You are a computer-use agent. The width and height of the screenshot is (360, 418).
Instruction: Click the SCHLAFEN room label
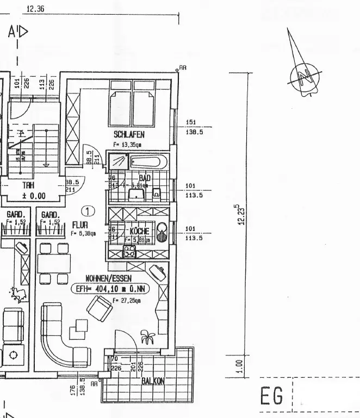point(129,134)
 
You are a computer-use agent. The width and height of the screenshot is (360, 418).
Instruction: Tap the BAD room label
point(145,178)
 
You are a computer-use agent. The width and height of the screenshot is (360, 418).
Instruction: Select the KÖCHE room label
point(139,230)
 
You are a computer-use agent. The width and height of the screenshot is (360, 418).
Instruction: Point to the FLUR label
point(80,224)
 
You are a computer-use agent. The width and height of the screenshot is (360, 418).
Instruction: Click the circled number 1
point(87,210)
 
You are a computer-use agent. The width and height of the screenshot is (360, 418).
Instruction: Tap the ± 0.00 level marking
point(34,196)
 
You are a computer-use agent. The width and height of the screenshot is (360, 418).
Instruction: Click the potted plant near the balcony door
point(147,338)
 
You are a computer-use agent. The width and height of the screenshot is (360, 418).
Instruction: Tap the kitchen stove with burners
point(129,252)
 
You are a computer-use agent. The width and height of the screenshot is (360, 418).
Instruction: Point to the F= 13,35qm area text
point(127,145)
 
